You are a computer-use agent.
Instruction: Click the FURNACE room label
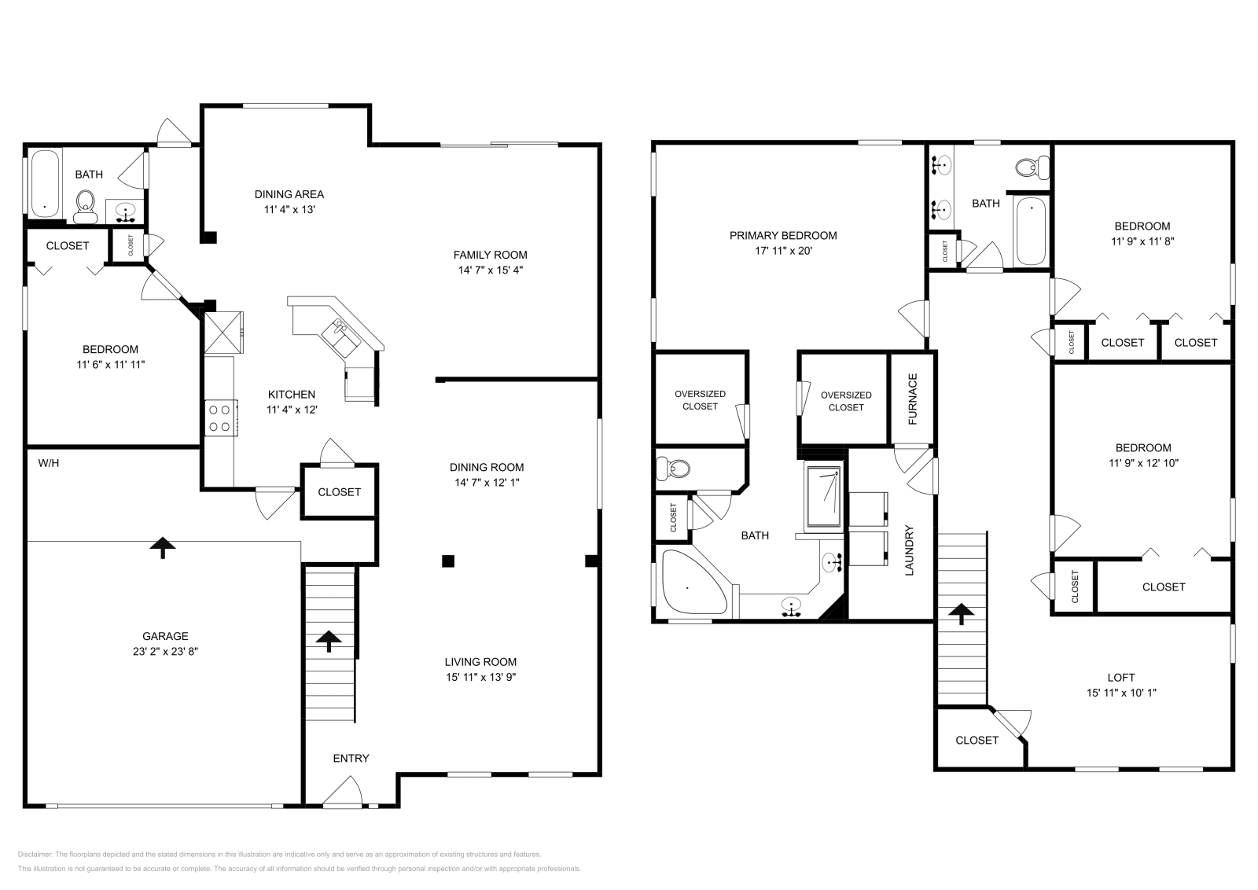(913, 399)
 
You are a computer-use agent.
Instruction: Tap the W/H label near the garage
(49, 463)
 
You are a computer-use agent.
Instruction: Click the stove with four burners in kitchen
(221, 417)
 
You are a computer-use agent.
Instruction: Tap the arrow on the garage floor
(163, 547)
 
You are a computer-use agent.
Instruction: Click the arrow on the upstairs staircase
(960, 613)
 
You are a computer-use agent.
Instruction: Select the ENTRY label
(351, 758)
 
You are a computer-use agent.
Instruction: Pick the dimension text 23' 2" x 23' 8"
(165, 651)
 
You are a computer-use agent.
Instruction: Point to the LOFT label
(1120, 677)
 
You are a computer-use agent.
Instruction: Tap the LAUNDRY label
(909, 550)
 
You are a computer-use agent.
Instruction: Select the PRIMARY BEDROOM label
(782, 235)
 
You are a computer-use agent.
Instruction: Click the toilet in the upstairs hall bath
(1032, 167)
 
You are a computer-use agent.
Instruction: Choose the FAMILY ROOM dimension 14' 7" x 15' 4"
(490, 270)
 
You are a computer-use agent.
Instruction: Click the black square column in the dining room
(447, 561)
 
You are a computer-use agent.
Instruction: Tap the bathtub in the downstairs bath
(45, 182)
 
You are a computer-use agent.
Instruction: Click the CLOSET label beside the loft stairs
(977, 740)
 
